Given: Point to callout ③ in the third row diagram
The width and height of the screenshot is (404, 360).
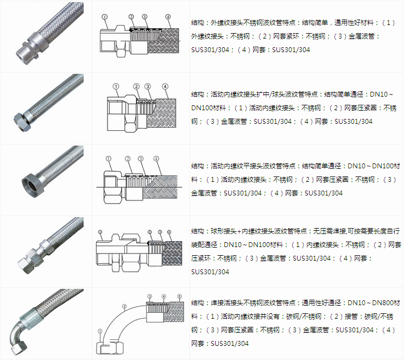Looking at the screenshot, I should pos(140,159).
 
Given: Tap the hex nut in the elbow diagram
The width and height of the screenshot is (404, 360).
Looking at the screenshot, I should pos(108,348).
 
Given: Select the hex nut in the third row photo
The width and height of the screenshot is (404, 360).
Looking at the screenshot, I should pos(28,182).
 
